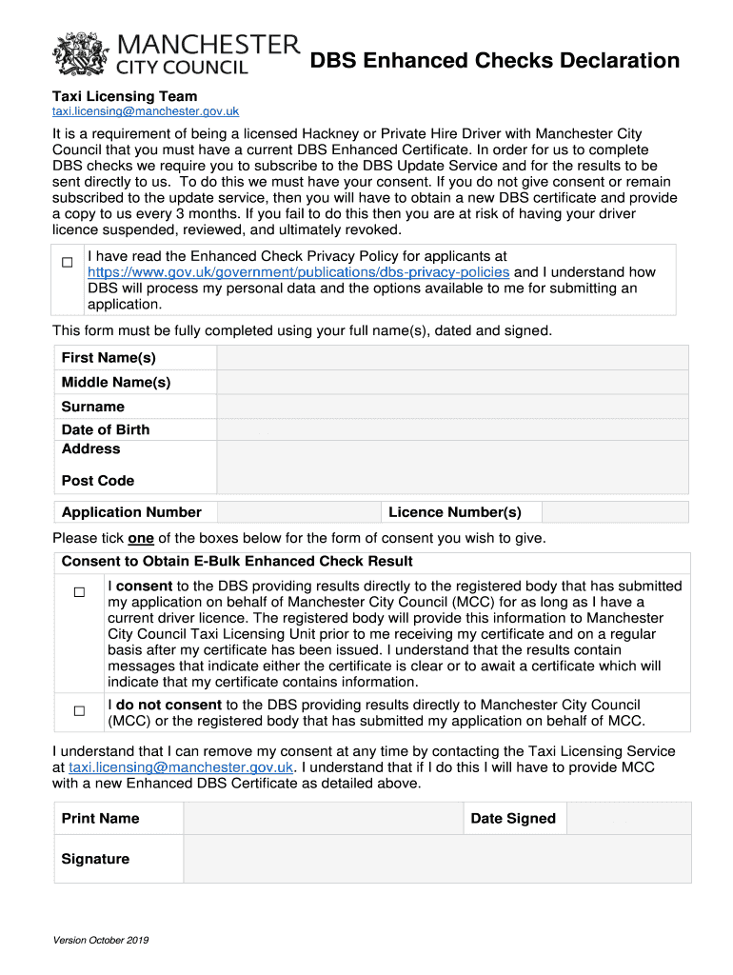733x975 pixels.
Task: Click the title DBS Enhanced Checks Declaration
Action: (x=495, y=62)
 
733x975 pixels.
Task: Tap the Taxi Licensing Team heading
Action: (x=125, y=96)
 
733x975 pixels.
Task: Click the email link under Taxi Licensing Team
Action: (x=145, y=112)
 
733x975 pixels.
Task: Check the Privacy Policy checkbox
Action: (x=68, y=262)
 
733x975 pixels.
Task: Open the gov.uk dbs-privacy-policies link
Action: (x=299, y=272)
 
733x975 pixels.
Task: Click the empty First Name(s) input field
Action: (x=452, y=358)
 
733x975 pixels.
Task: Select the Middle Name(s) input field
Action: (x=452, y=382)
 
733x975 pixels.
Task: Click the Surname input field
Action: (x=452, y=407)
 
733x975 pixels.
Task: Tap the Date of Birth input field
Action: (x=452, y=429)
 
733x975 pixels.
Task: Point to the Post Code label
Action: (x=98, y=481)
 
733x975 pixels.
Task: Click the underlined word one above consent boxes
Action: (x=141, y=538)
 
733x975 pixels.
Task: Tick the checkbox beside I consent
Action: (x=80, y=592)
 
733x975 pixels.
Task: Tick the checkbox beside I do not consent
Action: (x=80, y=711)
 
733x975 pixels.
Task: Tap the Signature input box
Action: (x=436, y=859)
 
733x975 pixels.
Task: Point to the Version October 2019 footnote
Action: (x=101, y=941)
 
